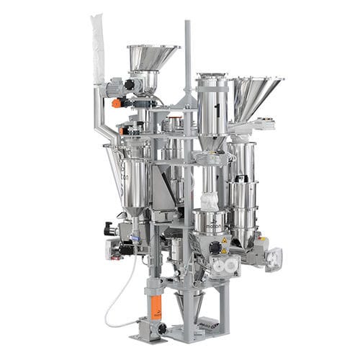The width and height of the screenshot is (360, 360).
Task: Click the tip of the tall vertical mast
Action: click(x=188, y=23)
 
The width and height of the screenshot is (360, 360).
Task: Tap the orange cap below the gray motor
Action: click(x=117, y=103)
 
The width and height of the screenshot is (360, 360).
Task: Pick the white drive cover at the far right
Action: click(x=274, y=258)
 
